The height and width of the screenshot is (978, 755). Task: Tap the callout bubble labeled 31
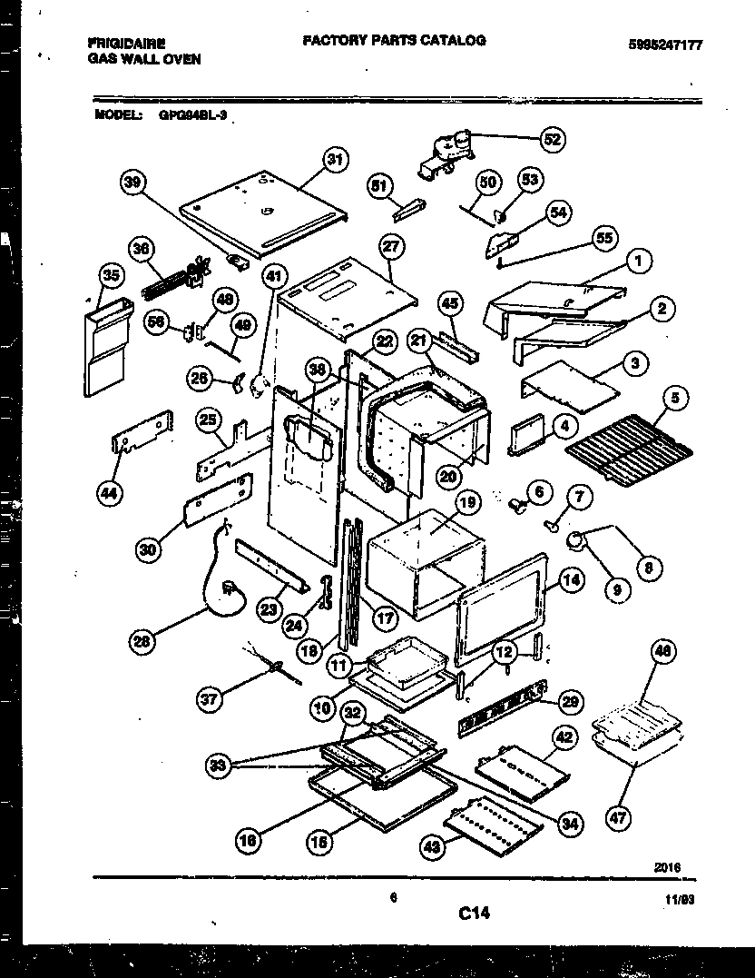pyautogui.click(x=337, y=160)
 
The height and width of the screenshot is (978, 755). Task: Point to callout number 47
pyautogui.click(x=618, y=818)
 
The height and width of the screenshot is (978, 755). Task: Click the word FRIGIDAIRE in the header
pyautogui.click(x=120, y=42)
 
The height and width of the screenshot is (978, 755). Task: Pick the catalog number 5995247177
pyautogui.click(x=665, y=44)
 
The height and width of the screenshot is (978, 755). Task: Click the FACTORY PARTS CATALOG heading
pyautogui.click(x=393, y=40)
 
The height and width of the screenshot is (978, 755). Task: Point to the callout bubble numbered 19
pyautogui.click(x=466, y=502)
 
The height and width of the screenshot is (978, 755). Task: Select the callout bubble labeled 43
pyautogui.click(x=433, y=847)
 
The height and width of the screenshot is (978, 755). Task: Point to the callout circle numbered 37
pyautogui.click(x=211, y=698)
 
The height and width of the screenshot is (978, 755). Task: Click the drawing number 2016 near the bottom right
pyautogui.click(x=668, y=867)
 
